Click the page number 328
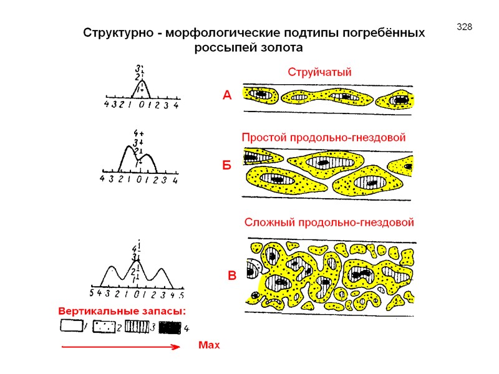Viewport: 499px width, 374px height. [x=465, y=27]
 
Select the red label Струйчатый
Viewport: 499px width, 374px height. [x=319, y=72]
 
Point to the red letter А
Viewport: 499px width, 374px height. [x=227, y=95]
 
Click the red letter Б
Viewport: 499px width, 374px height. [x=227, y=166]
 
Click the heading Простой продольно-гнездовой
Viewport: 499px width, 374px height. [x=323, y=137]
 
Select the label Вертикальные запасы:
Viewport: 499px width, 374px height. [x=122, y=310]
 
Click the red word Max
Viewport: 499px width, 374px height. [x=210, y=345]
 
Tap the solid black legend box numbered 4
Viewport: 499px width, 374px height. [x=170, y=327]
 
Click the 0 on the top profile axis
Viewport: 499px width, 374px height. [x=142, y=106]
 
